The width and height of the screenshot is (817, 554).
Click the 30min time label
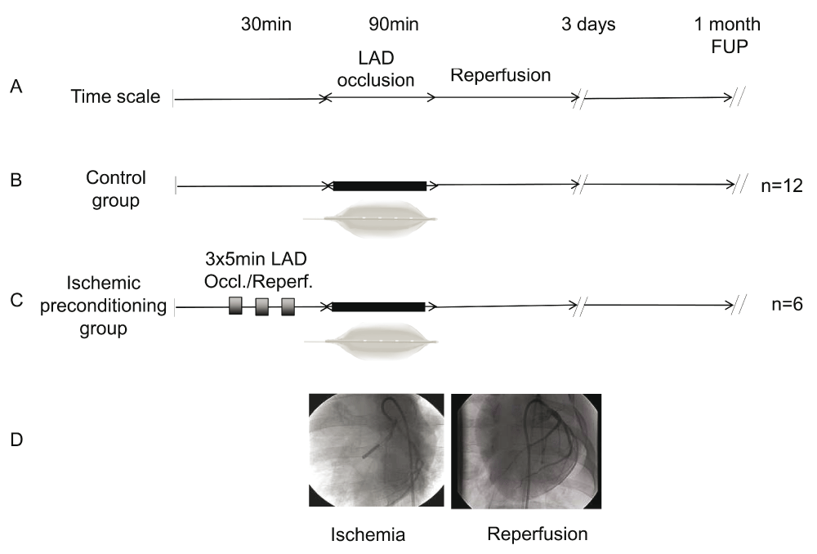[x=266, y=25]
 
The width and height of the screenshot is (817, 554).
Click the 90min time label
[x=394, y=25]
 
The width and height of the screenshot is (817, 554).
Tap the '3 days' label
[x=588, y=25]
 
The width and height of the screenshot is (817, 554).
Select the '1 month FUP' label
[x=728, y=35]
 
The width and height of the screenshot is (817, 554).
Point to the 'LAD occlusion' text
[x=376, y=69]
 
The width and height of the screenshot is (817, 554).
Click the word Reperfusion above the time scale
[x=500, y=75]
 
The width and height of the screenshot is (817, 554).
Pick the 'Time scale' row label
[x=115, y=96]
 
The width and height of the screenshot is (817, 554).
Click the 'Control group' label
[x=116, y=189]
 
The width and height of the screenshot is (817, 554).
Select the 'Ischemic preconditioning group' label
[x=103, y=306]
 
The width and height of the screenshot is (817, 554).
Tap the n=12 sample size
[x=782, y=185]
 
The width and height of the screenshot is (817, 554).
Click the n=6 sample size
[x=787, y=304]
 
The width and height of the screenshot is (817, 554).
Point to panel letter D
[x=16, y=440]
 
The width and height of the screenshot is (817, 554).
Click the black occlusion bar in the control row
[x=380, y=186]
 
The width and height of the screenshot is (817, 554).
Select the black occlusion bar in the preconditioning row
[x=378, y=307]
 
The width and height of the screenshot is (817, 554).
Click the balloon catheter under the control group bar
[x=370, y=220]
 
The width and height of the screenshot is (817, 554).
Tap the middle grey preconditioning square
[x=261, y=307]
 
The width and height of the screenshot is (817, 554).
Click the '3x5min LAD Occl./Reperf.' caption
[x=258, y=270]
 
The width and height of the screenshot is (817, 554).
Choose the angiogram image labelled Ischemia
[x=376, y=450]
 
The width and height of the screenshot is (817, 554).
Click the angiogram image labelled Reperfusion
[x=526, y=451]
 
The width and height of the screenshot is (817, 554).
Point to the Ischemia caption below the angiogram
[x=368, y=534]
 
